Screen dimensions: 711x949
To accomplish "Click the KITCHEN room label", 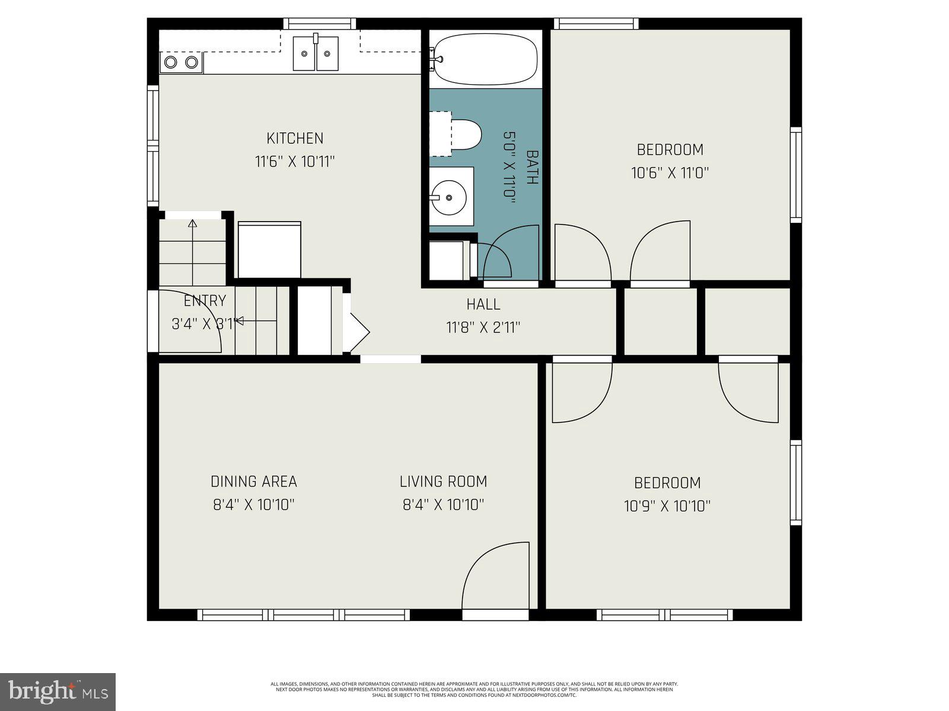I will coord(295,138).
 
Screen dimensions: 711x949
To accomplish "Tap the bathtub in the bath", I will coord(485,59).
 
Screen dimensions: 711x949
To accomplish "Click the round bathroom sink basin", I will coord(448,197).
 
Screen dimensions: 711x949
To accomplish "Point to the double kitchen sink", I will coord(316,53).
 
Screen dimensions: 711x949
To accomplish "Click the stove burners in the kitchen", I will coord(181,62).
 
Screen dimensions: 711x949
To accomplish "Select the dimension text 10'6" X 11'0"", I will coord(670,173).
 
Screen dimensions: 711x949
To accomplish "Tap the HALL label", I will coord(483,305).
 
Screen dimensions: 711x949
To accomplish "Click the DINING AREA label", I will coord(254,482).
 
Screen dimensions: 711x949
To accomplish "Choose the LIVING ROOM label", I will coord(443,482).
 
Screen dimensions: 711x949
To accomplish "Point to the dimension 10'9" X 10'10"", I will coord(667,506).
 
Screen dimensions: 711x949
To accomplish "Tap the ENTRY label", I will coord(205,301).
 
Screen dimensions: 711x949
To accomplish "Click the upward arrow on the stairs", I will coord(192,224).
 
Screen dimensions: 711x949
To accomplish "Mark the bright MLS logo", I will coord(58,691).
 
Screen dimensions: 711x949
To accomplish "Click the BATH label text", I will coord(532,168).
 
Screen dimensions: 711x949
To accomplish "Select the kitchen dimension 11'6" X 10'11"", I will coord(295,161).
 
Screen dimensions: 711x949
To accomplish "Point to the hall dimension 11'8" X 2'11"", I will coord(483,328).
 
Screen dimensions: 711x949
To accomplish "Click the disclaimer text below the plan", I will coord(474,689).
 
